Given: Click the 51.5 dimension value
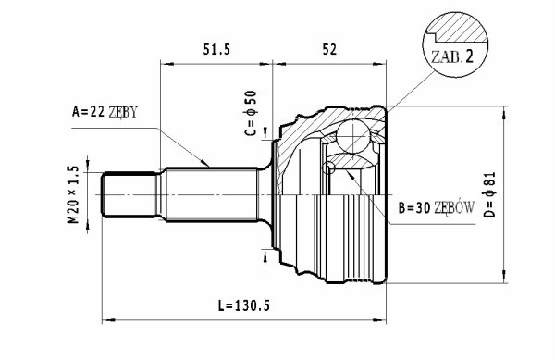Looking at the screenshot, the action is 216,49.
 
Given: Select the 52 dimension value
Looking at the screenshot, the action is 329,49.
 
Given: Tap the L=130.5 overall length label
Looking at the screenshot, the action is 244,305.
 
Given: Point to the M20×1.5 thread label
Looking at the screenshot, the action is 72,194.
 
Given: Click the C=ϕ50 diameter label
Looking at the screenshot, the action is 250,113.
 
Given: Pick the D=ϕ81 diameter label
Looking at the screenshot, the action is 490,194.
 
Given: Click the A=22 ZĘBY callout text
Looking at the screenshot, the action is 105,112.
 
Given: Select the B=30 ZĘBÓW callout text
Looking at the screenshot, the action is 436,208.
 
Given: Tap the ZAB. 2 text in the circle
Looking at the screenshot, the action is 452,57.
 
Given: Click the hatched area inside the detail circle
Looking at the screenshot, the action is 457,28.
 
